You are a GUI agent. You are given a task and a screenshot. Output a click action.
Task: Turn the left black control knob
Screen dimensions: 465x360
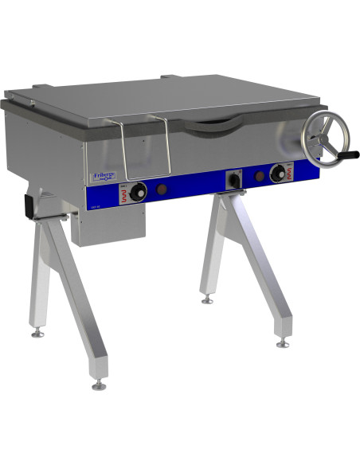coord(139,192)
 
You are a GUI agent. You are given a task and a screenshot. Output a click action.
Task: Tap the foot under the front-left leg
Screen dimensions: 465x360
coord(99,384)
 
